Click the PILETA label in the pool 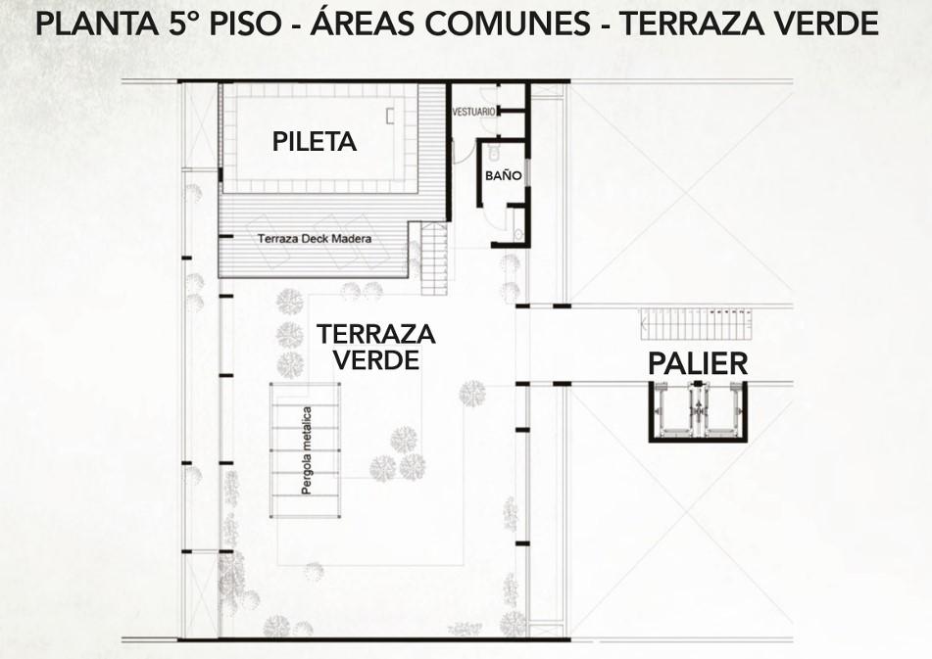315,141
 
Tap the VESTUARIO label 473,112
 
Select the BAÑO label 504,175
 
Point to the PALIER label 698,363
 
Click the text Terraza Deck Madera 315,239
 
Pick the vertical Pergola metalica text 307,450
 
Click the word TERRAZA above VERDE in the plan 376,334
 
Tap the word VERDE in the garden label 376,359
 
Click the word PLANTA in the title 97,24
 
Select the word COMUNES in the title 509,24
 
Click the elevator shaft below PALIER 698,411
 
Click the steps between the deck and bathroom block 434,259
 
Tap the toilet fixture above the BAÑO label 494,153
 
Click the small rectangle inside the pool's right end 390,116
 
